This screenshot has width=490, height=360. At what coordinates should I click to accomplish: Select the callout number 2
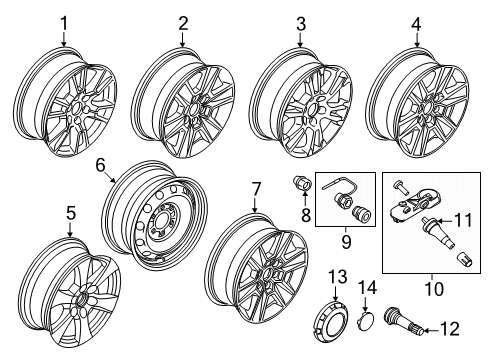183,21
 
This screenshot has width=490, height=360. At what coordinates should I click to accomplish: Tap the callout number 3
300,21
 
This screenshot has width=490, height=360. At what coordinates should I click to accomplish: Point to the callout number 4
416,21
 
